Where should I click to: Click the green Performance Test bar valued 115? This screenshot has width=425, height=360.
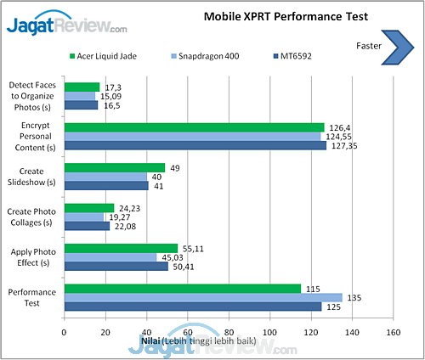click(182, 289)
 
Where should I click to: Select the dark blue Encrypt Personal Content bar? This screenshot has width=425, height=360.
click(195, 145)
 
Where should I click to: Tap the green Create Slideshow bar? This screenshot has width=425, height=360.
click(114, 168)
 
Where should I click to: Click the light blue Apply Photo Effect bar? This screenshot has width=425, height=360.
click(110, 257)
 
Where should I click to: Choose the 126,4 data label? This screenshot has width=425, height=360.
click(340, 128)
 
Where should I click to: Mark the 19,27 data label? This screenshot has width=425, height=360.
click(118, 217)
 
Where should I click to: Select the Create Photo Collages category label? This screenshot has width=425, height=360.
click(31, 217)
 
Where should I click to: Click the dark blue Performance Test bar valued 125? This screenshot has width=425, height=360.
click(192, 307)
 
